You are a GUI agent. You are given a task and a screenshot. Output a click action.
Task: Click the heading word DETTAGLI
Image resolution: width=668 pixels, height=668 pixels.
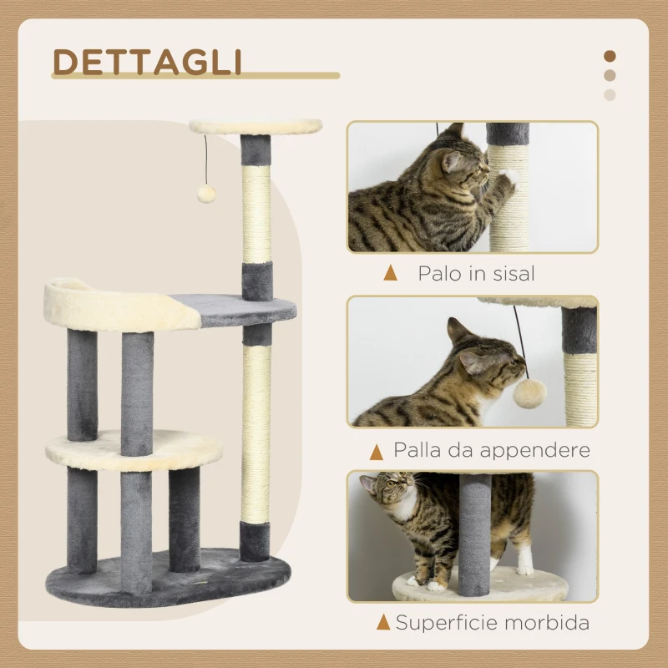(147, 62)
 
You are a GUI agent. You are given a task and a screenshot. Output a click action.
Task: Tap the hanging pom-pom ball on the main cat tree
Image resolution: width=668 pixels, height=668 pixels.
(205, 194)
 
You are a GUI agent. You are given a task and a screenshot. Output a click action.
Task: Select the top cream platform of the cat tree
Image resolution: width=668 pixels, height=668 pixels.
(255, 126)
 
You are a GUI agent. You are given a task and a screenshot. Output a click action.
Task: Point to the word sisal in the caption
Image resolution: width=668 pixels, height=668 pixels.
(507, 273)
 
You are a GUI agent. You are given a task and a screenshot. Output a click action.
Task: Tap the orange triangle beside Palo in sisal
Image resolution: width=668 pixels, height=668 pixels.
(390, 273)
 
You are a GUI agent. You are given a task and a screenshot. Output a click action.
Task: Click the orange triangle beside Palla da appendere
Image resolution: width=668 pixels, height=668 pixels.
(377, 452)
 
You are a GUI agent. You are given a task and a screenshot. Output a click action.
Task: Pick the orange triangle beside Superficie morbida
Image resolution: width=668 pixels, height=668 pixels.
(383, 622)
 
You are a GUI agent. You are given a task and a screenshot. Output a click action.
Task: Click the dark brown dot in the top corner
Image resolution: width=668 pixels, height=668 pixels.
(610, 56)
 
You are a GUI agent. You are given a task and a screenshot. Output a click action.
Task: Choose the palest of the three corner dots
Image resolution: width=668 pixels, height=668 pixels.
(610, 94)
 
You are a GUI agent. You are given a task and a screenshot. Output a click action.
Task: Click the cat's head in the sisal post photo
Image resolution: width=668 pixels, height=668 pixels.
(464, 164)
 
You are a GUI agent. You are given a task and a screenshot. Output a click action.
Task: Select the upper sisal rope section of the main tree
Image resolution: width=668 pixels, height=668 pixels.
(256, 213)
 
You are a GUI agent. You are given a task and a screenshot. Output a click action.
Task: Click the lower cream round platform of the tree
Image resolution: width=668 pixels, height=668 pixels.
(134, 449)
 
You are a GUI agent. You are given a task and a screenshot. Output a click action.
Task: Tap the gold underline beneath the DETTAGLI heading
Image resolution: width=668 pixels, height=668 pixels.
(195, 76)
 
